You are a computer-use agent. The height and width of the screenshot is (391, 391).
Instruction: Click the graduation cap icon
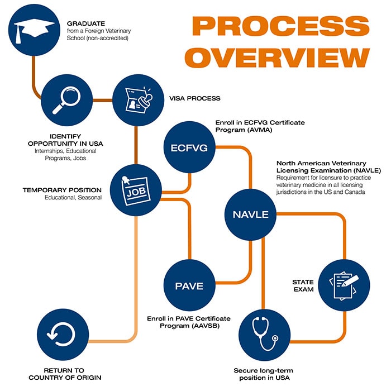pyautogui.click(x=34, y=30)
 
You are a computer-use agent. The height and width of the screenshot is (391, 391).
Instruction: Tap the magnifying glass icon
pyautogui.click(x=67, y=100)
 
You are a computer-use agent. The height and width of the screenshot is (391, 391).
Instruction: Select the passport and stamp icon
pyautogui.click(x=139, y=100)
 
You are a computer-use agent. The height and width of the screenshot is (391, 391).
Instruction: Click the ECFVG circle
pyautogui.click(x=189, y=147)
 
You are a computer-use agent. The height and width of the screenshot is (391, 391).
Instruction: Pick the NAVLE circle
pyautogui.click(x=251, y=214)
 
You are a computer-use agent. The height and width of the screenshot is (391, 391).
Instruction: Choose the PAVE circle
pyautogui.click(x=189, y=285)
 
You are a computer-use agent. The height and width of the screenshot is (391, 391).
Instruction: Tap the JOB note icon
pyautogui.click(x=136, y=190)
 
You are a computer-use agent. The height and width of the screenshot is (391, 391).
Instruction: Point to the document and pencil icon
pyautogui.click(x=344, y=285)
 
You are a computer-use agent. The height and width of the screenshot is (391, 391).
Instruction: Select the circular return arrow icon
pyautogui.click(x=61, y=334)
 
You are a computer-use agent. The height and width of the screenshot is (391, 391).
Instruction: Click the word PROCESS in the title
pyautogui.click(x=280, y=26)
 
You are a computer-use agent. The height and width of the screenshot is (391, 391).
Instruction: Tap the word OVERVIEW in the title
pyautogui.click(x=277, y=58)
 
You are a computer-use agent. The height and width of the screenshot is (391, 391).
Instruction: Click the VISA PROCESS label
pyautogui.click(x=195, y=98)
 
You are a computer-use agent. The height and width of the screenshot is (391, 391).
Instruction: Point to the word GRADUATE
pyautogui.click(x=86, y=23)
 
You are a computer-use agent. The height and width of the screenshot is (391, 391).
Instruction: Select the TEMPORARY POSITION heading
pyautogui.click(x=62, y=190)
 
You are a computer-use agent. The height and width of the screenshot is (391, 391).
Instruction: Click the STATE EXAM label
pyautogui.click(x=303, y=285)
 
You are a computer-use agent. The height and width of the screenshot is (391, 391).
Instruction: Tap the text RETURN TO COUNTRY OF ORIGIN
pyautogui.click(x=65, y=374)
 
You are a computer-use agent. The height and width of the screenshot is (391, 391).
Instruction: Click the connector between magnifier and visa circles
pyautogui.click(x=102, y=100)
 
